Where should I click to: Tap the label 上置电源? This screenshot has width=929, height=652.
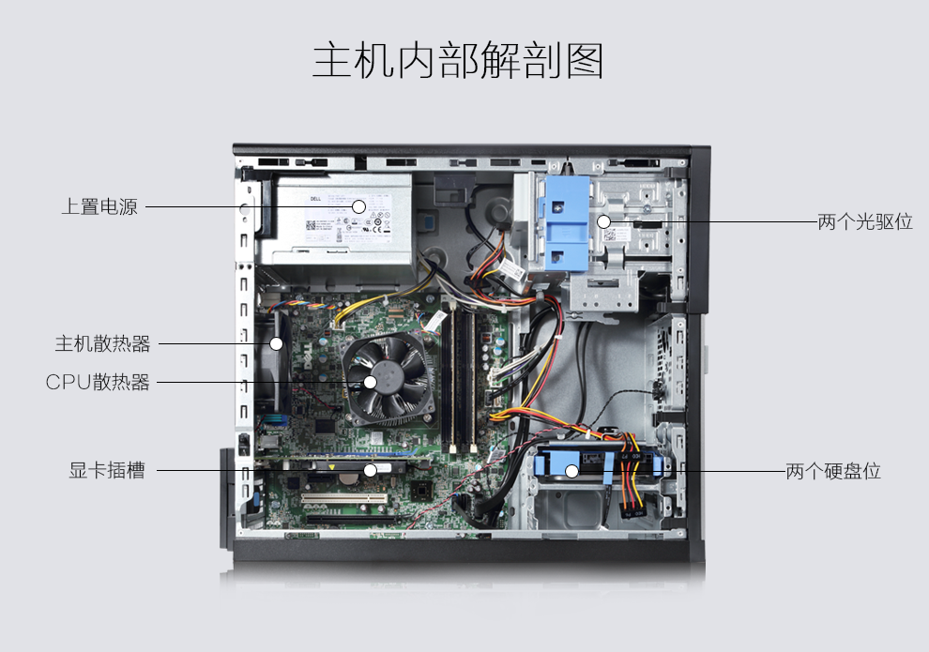(99, 207)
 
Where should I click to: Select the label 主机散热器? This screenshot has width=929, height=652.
(102, 343)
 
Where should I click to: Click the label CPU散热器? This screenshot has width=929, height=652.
(98, 383)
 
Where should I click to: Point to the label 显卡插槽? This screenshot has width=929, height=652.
(107, 471)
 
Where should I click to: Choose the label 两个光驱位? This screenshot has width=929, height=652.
(865, 222)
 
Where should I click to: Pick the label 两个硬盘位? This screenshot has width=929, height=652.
(833, 471)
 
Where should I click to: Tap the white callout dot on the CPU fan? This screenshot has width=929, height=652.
(371, 382)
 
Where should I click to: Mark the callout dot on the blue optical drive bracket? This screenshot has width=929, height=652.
(604, 222)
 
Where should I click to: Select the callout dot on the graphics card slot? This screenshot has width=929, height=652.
(371, 470)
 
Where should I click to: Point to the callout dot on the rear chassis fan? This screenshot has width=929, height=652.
(277, 343)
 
